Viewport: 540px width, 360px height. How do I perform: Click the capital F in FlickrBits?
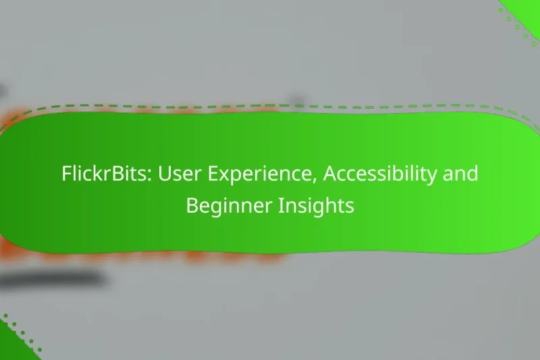click(66, 174)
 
